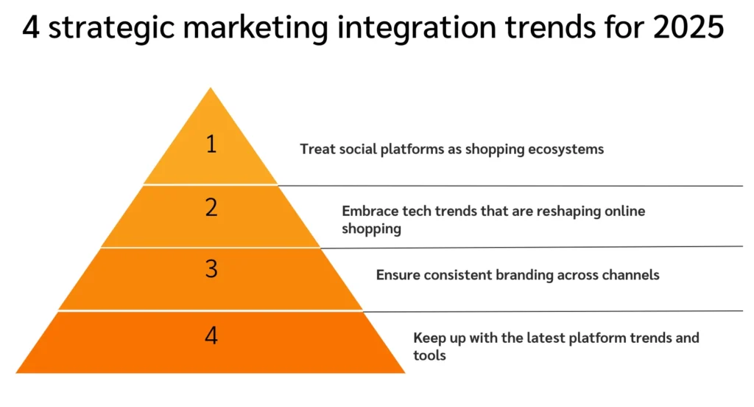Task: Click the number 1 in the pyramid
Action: (211, 144)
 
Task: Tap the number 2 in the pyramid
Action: (211, 208)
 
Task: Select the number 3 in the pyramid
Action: (211, 269)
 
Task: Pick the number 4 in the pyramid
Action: (211, 336)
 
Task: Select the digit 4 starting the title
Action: (30, 29)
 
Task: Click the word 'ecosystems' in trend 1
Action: (570, 149)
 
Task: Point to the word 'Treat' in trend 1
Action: (315, 149)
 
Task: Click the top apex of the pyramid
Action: (211, 90)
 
